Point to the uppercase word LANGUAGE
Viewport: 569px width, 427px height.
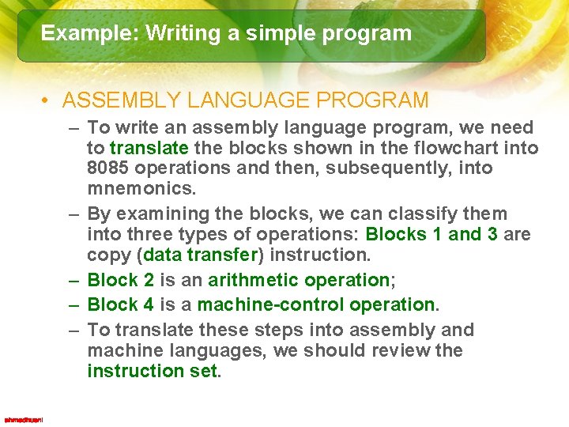click(241, 100)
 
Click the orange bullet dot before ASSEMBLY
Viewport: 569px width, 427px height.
click(47, 101)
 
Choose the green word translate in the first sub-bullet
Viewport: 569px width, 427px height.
click(149, 148)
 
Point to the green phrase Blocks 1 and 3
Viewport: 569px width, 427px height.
click(431, 235)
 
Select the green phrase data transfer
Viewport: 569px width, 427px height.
click(200, 255)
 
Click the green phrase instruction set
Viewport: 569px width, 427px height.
click(151, 371)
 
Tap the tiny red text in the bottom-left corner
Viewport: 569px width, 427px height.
click(24, 419)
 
